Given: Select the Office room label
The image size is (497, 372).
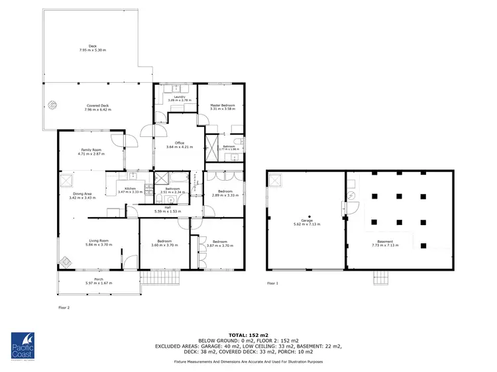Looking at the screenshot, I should point(179,143).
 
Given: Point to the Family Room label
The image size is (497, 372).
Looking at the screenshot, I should point(91,150).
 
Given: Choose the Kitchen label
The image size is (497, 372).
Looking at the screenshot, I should point(130,189).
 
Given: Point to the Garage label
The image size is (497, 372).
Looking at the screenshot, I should point(306,220).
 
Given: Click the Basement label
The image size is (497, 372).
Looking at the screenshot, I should point(385,242).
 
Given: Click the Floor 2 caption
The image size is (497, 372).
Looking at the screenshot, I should point(64,308).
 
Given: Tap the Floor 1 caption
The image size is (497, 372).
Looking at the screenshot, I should point(272,283).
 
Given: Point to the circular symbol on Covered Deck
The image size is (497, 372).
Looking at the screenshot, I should point(52,103).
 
